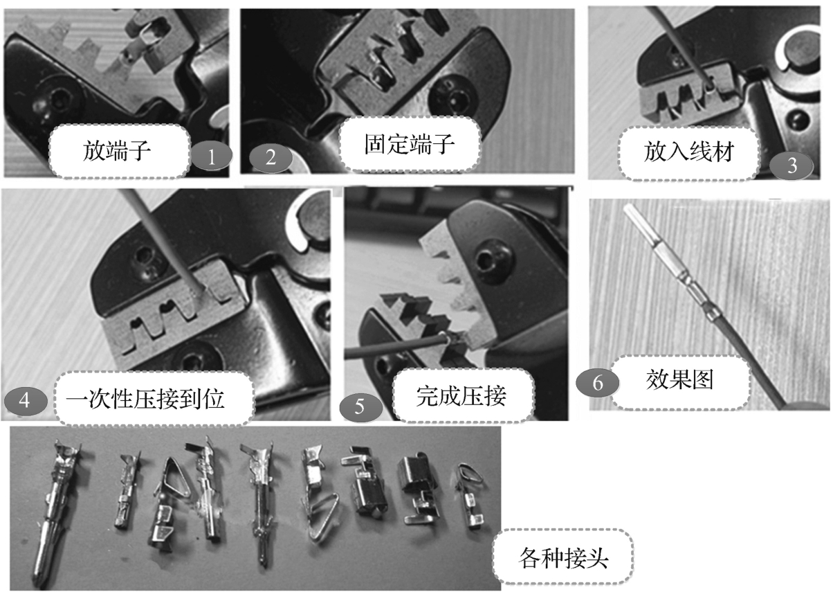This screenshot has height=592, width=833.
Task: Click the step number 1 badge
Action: tap(212, 156)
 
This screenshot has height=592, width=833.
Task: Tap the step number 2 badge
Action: tap(271, 158)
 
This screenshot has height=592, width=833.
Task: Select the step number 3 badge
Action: tap(791, 165)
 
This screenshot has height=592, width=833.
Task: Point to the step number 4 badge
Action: tap(26, 401)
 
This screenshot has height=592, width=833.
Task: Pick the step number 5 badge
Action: tap(360, 407)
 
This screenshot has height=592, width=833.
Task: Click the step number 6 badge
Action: tap(597, 383)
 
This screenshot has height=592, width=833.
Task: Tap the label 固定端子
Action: tap(409, 145)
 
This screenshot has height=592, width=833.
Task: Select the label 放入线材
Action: tap(688, 152)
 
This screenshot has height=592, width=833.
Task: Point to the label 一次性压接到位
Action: tap(146, 399)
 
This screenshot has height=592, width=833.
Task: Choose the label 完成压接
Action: tap(461, 395)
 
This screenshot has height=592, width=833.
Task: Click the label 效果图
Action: tap(680, 380)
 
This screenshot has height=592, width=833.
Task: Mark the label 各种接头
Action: tap(563, 558)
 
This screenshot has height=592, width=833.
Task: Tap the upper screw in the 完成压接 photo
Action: tap(492, 258)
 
